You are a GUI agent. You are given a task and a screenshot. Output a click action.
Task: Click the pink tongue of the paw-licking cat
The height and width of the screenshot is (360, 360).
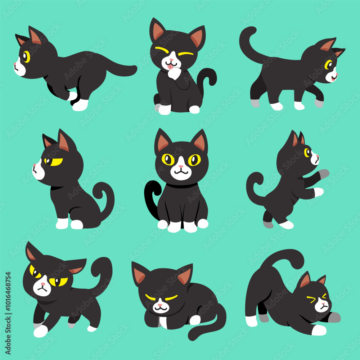(x=170, y=67)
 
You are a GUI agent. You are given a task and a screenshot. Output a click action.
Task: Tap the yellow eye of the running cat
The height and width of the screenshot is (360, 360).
(x=27, y=57)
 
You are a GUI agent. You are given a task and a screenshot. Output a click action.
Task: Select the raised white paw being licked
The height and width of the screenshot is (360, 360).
(x=175, y=73)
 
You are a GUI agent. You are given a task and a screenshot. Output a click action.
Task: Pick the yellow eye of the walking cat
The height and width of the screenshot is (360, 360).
(x=328, y=64)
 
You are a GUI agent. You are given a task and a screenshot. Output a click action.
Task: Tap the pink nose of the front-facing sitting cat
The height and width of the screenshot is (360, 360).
(x=181, y=166)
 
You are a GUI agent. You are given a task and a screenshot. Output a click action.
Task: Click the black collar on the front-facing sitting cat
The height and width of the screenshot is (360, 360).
(x=182, y=185)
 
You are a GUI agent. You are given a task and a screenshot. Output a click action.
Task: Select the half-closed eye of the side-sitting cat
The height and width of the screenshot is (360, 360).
(x=54, y=162)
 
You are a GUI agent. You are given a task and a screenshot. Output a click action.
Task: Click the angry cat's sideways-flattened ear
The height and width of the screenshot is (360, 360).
(x=75, y=266)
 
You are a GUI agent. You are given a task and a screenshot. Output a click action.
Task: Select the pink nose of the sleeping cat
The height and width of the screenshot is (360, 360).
(x=160, y=305)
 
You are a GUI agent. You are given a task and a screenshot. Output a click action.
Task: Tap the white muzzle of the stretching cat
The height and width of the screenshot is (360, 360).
(x=321, y=305)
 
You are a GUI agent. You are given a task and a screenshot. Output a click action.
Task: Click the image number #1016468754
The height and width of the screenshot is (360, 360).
(x=8, y=292)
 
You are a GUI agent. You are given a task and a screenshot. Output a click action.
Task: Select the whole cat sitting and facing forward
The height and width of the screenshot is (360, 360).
(x=176, y=180)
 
